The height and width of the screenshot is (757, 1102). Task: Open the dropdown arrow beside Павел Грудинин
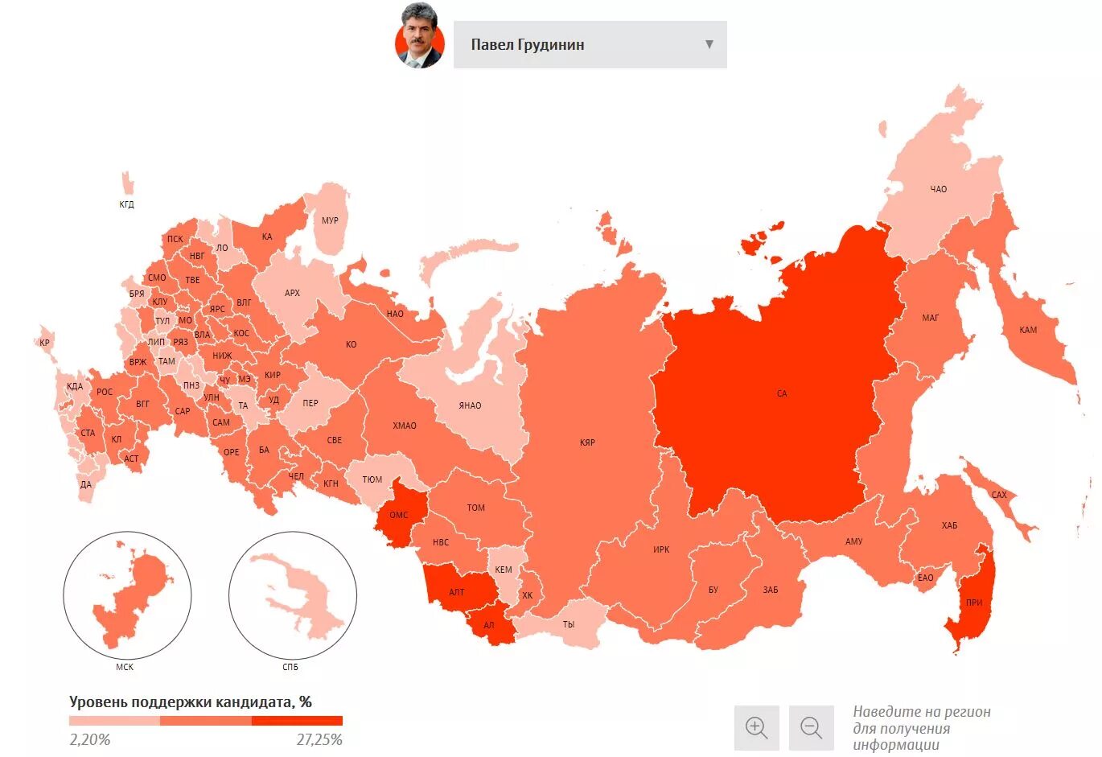click(x=709, y=44)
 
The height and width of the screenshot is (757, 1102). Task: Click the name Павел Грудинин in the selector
click(x=528, y=45)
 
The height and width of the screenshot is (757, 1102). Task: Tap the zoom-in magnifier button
click(x=756, y=727)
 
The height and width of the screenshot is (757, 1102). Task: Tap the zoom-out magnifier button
click(x=811, y=727)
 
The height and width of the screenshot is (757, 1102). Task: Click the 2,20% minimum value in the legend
click(x=90, y=739)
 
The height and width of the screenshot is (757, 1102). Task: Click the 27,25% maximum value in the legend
click(x=319, y=739)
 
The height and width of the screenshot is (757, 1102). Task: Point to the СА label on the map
click(x=782, y=393)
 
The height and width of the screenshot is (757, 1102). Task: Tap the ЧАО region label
click(x=938, y=189)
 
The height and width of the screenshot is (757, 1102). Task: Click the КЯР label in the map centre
click(x=587, y=442)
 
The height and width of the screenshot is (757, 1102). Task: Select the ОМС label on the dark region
click(x=399, y=515)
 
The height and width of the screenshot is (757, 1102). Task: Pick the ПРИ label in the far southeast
click(x=974, y=603)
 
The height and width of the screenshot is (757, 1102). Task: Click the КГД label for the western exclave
click(x=126, y=204)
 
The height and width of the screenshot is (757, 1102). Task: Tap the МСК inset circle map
click(x=127, y=596)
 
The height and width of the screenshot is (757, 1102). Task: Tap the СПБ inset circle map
click(x=293, y=596)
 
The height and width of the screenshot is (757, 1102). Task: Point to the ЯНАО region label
click(x=470, y=405)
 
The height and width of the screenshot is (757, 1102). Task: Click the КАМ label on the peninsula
click(x=1028, y=330)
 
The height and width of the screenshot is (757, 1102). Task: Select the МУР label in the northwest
click(x=330, y=220)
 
